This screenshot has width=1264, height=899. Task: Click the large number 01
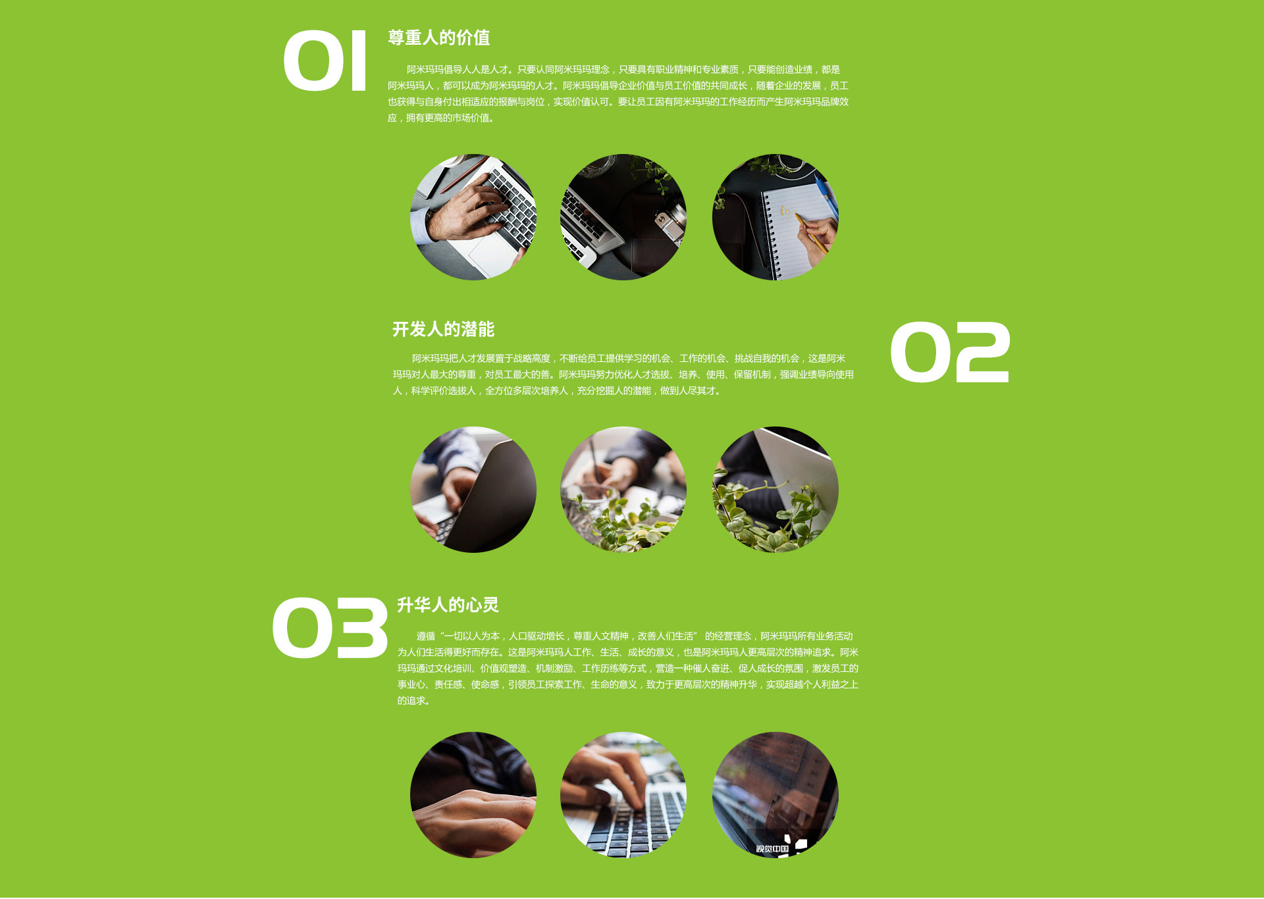[325, 61]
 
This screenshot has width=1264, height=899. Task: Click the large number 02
[950, 352]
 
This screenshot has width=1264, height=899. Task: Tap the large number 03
[330, 628]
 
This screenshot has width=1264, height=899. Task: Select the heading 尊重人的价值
[439, 38]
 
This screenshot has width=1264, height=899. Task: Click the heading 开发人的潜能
[443, 329]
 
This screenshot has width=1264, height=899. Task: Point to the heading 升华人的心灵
[448, 605]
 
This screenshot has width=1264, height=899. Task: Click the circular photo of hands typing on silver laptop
[473, 217]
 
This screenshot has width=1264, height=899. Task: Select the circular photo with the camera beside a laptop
[623, 217]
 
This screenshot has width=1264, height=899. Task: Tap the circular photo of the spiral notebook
[776, 217]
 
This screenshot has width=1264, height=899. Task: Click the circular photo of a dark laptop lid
[473, 490]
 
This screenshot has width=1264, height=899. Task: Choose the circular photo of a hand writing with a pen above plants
[623, 490]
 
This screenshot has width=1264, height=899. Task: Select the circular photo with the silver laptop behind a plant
[776, 490]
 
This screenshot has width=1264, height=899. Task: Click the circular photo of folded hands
[473, 795]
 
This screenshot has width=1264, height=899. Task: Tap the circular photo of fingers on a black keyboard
[623, 795]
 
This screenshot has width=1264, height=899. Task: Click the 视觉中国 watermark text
[772, 849]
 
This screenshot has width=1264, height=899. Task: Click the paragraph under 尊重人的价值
[618, 93]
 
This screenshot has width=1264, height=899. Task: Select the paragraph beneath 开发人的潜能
[623, 374]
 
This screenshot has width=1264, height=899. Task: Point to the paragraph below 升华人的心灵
[627, 668]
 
